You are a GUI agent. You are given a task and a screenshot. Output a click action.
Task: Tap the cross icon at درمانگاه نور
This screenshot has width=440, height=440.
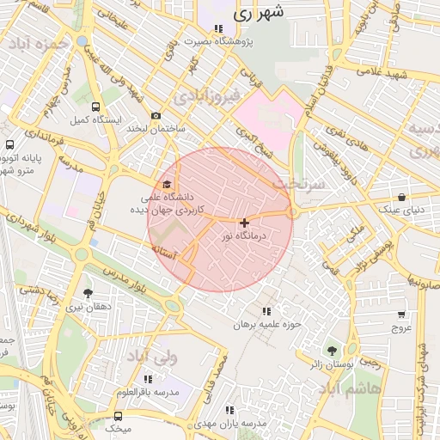tap(244, 223)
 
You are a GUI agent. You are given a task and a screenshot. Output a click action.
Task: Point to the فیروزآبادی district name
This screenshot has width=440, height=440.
tap(204, 97)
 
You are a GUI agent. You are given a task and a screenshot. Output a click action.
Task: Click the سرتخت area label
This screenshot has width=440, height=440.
tap(300, 183)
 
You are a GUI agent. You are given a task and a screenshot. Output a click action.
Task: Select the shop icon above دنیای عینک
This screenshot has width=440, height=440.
tap(401, 197)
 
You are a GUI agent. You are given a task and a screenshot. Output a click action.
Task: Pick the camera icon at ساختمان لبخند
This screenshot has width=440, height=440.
tap(156, 116)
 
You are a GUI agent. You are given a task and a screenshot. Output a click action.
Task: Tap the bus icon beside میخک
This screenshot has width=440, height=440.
tap(119, 416)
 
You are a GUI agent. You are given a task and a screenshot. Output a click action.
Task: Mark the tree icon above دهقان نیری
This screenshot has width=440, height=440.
tap(89, 293)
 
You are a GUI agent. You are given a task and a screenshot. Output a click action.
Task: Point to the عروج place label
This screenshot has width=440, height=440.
tap(402, 327)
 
